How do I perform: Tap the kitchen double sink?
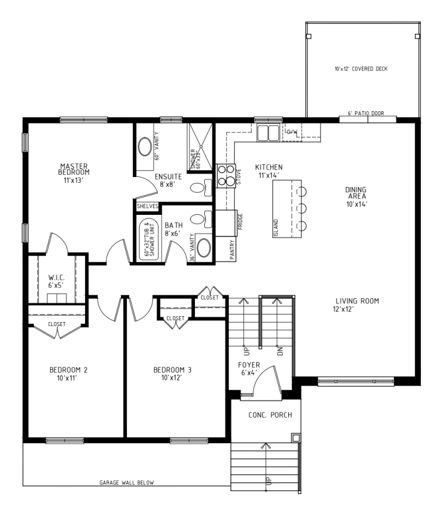[268, 133]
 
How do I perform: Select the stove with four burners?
[226, 176]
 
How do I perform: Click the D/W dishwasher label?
[292, 132]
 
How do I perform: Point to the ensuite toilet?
[200, 188]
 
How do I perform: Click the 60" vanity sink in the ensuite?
[145, 147]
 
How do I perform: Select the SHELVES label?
[148, 206]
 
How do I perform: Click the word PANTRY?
[232, 250]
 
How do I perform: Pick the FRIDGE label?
[240, 222]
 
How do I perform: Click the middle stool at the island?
[301, 207]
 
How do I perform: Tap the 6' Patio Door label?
[366, 114]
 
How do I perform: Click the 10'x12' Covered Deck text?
[361, 69]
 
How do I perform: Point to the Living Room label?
[357, 301]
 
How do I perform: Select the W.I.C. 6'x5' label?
[56, 281]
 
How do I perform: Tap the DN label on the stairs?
[281, 351]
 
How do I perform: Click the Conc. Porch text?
[270, 415]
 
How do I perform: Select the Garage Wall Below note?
[126, 483]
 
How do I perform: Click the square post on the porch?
[296, 438]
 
